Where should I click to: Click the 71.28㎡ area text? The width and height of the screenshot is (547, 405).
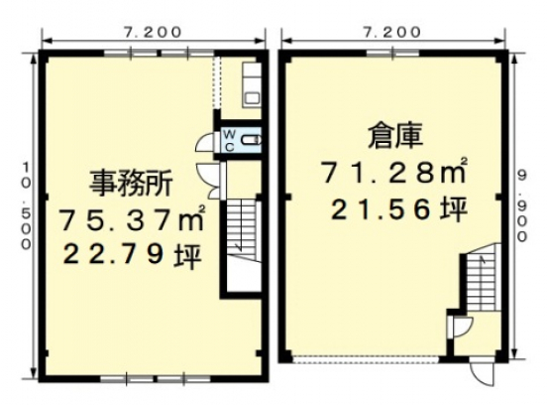pos(393,173)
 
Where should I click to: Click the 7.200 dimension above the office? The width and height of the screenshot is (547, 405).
pos(153,32)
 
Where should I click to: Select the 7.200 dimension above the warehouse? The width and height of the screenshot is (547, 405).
pos(394,32)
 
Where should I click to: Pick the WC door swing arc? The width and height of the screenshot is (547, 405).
pos(206,142)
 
